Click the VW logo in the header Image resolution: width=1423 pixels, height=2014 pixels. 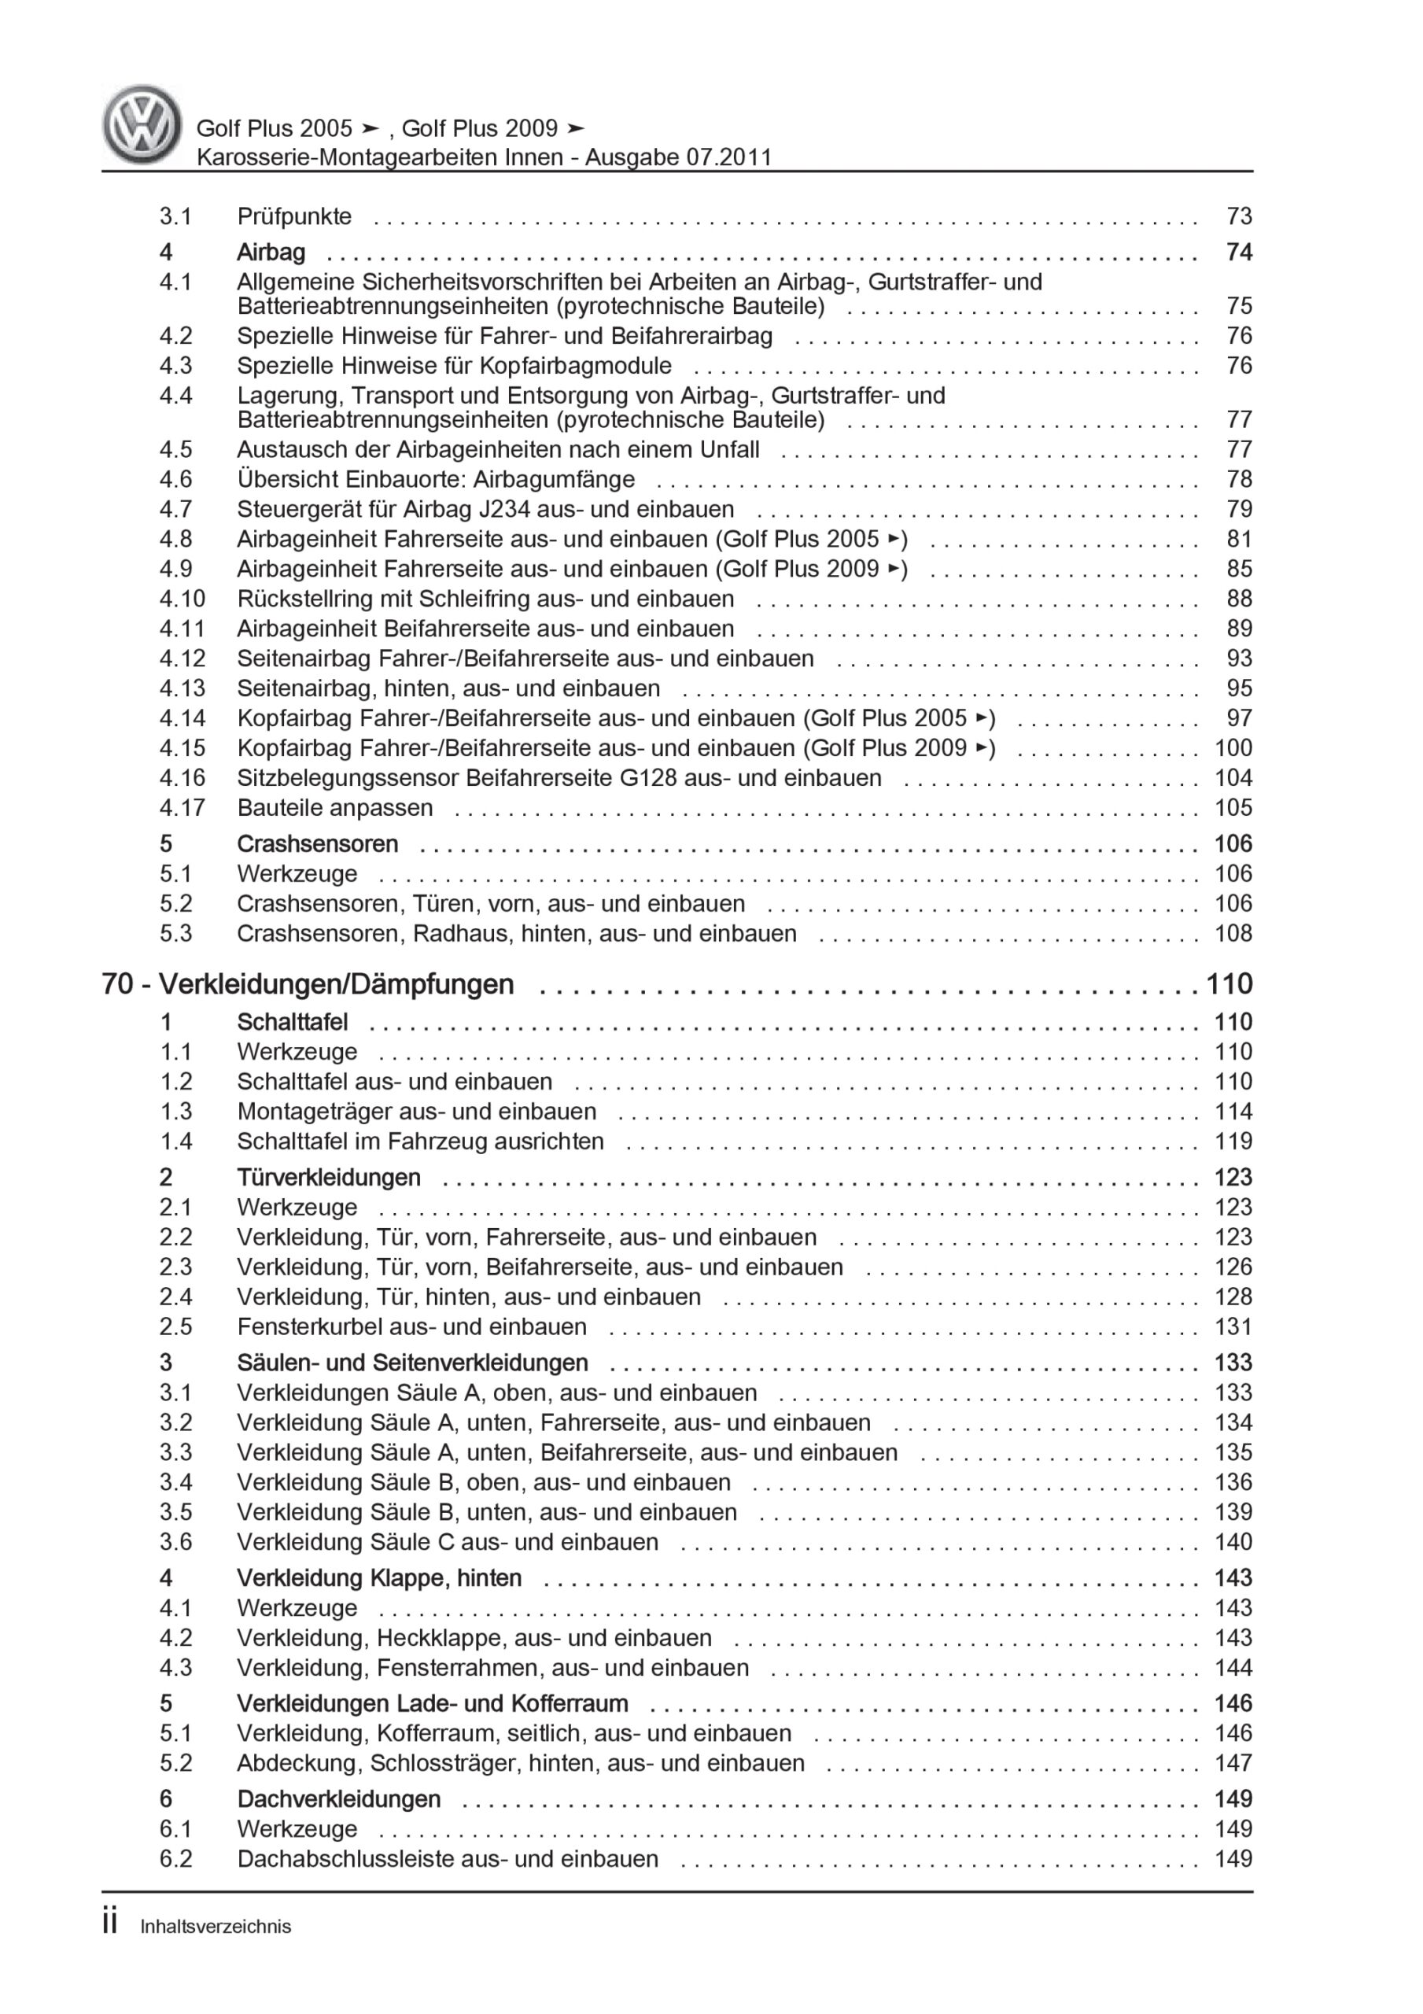tap(142, 125)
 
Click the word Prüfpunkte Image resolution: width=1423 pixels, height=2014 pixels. tap(294, 216)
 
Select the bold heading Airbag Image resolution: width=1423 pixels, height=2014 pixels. tap(271, 253)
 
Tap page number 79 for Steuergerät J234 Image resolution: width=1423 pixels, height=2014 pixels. tap(1239, 510)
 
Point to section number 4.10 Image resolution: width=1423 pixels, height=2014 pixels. tap(182, 599)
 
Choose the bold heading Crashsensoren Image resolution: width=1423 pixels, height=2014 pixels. tap(317, 844)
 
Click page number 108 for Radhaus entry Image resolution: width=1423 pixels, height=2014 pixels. tap(1233, 933)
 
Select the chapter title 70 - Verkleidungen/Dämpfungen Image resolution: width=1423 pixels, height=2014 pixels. tap(308, 984)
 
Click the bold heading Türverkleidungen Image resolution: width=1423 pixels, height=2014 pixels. tap(328, 1177)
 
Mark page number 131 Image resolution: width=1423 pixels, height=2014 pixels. tap(1233, 1326)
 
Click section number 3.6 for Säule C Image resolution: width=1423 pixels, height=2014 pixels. tap(175, 1541)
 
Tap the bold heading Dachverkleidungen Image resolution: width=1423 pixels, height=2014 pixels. tap(339, 1799)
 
